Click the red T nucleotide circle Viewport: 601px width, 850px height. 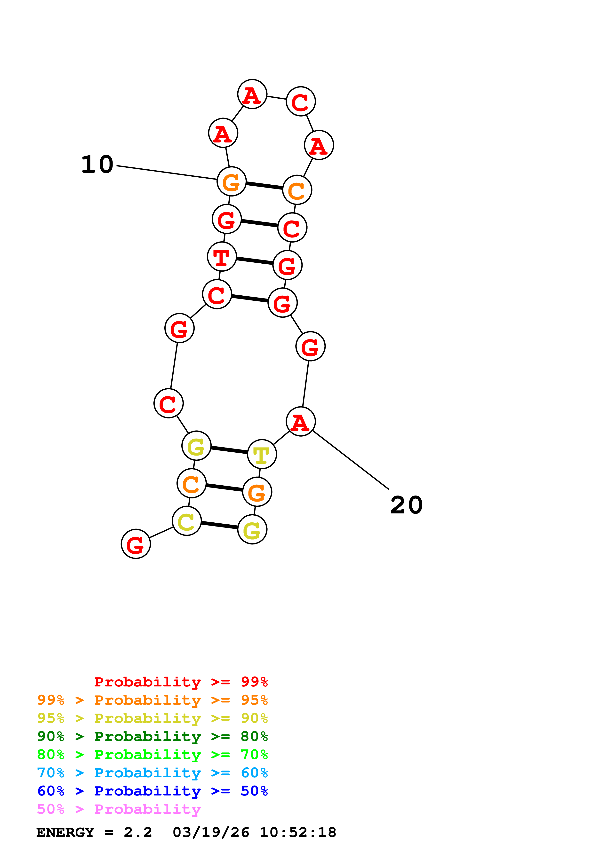222,257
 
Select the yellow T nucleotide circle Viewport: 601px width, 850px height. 262,454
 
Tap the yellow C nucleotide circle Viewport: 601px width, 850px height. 187,521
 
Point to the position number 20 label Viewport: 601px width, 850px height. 406,505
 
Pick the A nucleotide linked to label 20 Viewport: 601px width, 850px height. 301,422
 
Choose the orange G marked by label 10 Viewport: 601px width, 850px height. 232,181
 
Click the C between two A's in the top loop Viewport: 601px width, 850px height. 301,102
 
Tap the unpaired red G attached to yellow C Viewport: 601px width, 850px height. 136,544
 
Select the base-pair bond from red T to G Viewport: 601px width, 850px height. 255,261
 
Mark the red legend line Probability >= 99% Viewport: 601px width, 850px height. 181,682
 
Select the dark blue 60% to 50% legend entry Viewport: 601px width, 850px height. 152,791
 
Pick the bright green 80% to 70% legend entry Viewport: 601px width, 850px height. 152,755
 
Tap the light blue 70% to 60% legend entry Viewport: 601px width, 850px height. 152,773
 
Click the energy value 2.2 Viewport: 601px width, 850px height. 138,832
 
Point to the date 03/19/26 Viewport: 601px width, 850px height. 211,832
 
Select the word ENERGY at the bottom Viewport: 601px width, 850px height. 65,832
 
